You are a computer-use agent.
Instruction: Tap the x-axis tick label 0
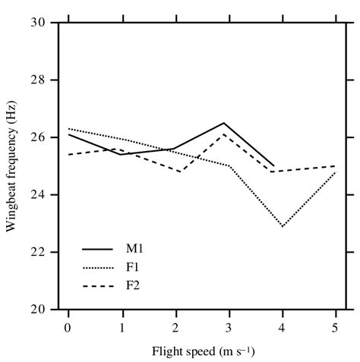point(68,325)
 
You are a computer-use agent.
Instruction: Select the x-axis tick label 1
point(122,325)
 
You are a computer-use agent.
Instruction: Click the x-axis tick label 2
point(175,325)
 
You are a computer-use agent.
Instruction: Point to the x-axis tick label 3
point(229,325)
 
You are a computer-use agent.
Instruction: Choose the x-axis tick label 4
point(282,325)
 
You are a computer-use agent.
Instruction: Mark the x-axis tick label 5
point(336,325)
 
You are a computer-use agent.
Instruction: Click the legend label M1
point(134,247)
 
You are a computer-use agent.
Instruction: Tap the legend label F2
point(133,285)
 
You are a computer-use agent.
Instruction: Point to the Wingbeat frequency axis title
point(12,166)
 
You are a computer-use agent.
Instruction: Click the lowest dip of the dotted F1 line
point(283,226)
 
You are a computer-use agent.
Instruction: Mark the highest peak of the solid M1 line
point(223,123)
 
